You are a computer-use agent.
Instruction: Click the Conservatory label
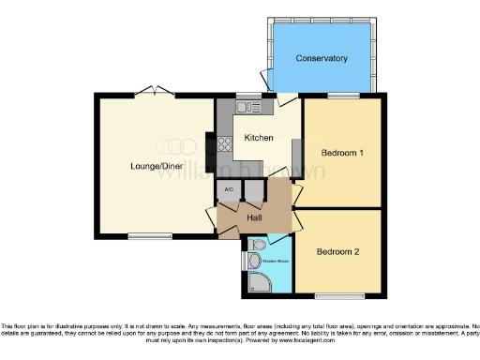[322, 59]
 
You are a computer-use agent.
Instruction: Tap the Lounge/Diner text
[156, 167]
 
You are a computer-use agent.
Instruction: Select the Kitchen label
[258, 138]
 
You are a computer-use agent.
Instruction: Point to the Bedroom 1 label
[342, 152]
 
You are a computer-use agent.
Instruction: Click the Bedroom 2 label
[337, 251]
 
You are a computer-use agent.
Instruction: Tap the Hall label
[254, 218]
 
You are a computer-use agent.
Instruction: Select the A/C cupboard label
[228, 190]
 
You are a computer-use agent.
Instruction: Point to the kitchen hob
[225, 144]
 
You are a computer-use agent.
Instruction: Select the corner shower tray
[258, 284]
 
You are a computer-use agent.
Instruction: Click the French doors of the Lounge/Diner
[153, 93]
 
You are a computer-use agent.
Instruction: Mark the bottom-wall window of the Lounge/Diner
[143, 234]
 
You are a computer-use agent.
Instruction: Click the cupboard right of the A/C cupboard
[252, 190]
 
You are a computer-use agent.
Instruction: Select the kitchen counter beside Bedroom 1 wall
[296, 154]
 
